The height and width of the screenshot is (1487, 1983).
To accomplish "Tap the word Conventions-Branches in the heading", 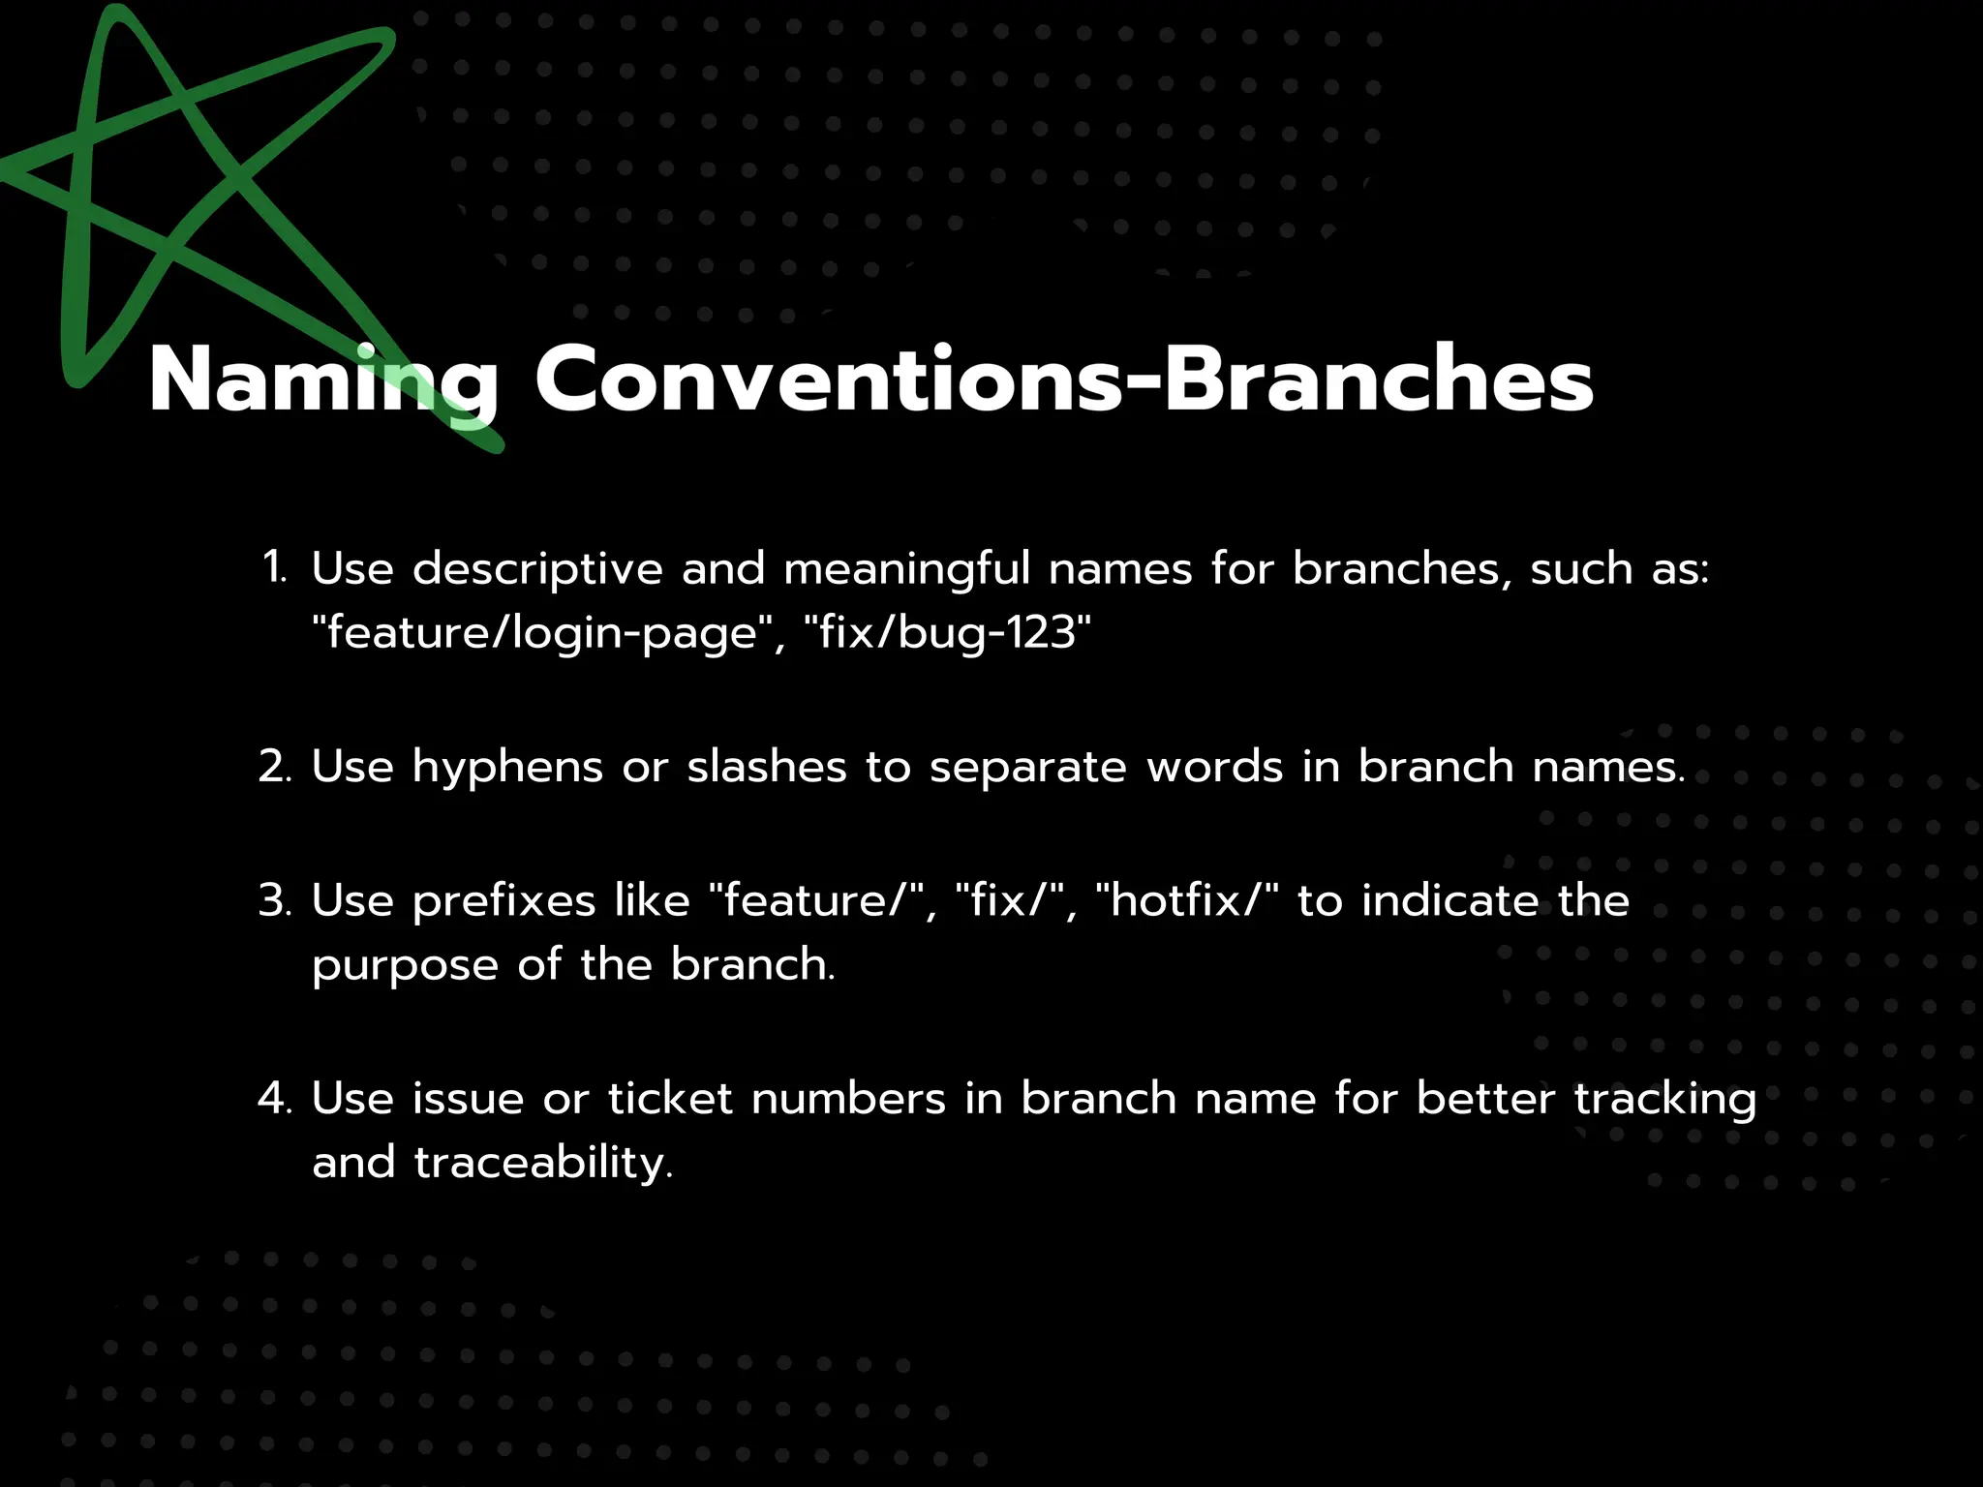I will tap(1063, 379).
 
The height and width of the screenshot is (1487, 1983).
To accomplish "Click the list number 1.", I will tap(275, 568).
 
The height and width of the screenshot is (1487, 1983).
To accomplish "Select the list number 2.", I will tap(275, 767).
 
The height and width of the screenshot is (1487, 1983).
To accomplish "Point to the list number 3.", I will tap(275, 901).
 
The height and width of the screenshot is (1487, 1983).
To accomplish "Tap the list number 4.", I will tap(275, 1099).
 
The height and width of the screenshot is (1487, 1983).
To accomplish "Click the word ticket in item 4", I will tap(670, 1099).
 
